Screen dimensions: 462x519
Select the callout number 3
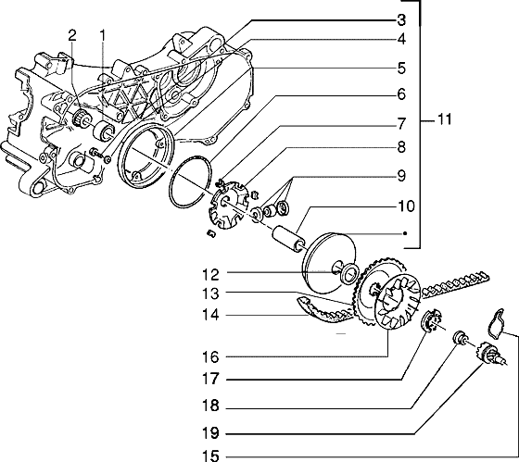tap(401, 19)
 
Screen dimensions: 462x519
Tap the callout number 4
tap(401, 40)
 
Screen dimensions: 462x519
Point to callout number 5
tap(401, 68)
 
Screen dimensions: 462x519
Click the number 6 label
tap(401, 94)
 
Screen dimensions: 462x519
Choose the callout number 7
tap(401, 123)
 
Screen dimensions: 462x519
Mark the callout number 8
tap(401, 146)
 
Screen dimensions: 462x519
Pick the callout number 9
tap(401, 173)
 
